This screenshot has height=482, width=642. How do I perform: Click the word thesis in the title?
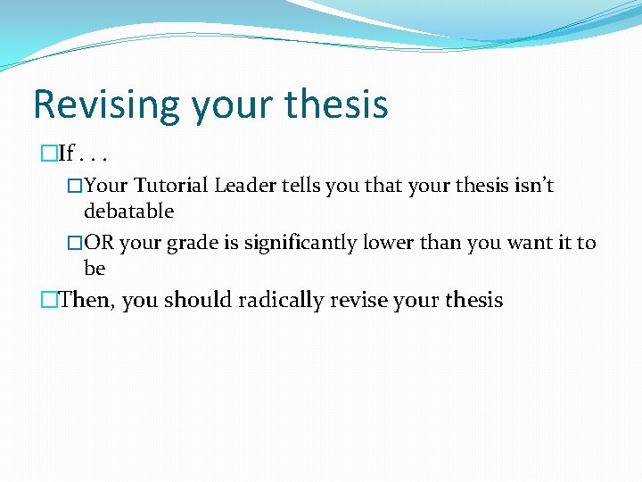click(x=336, y=104)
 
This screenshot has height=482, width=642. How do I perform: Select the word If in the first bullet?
click(x=65, y=154)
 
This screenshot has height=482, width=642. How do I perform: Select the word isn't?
click(x=533, y=186)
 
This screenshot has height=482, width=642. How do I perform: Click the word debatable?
click(x=128, y=212)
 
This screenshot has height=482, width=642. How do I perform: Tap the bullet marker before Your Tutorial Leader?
click(x=76, y=186)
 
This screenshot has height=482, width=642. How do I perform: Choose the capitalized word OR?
click(x=99, y=243)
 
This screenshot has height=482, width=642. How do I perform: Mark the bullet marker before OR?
click(x=76, y=243)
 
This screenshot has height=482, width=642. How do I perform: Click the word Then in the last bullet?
click(x=86, y=300)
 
